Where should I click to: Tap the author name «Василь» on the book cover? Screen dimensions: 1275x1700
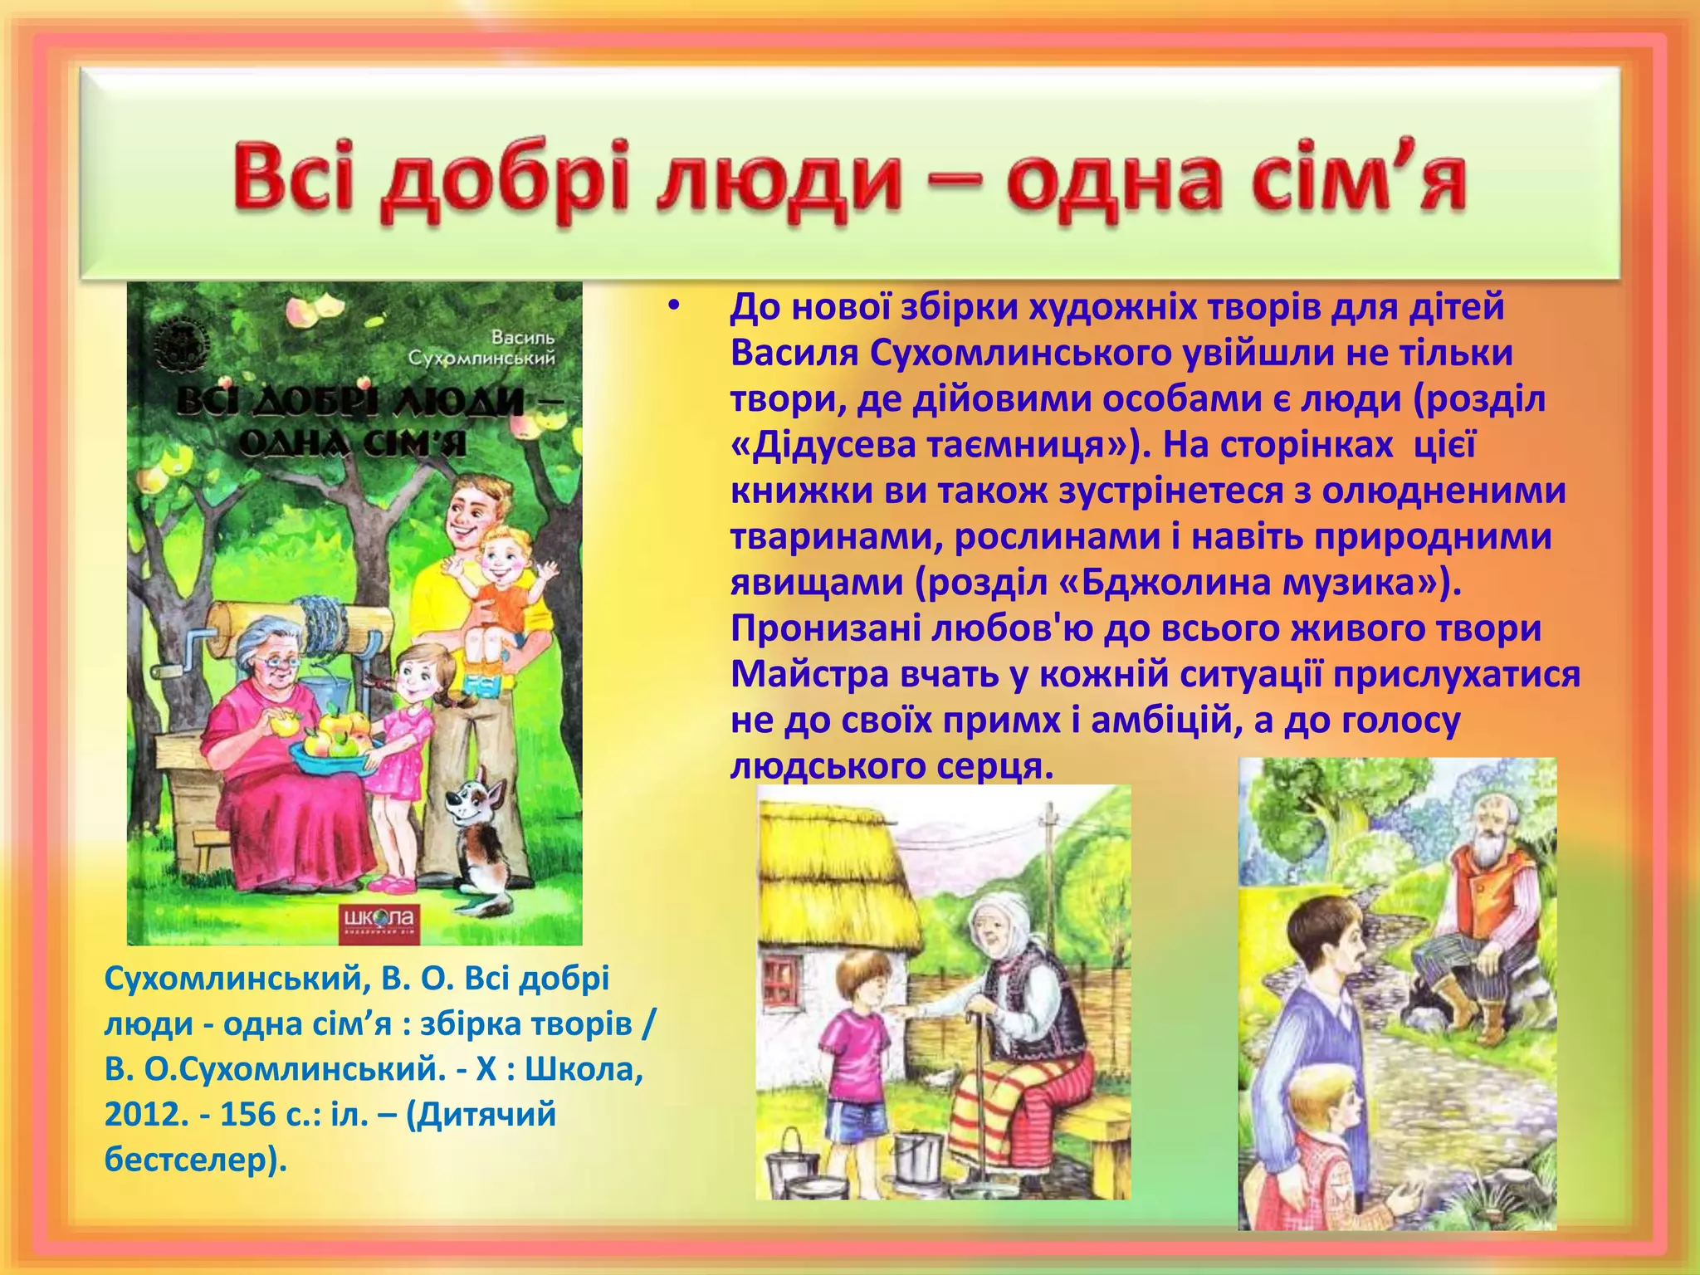pyautogui.click(x=522, y=338)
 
